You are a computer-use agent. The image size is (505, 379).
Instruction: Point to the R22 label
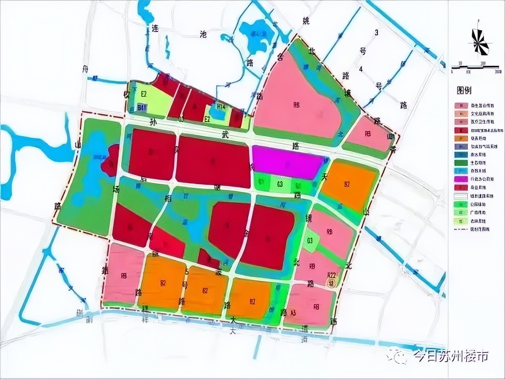pyautogui.click(x=332, y=274)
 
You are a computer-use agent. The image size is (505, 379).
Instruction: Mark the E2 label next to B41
pyautogui.click(x=144, y=93)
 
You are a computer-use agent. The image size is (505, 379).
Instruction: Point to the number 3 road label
pyautogui.click(x=377, y=32)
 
